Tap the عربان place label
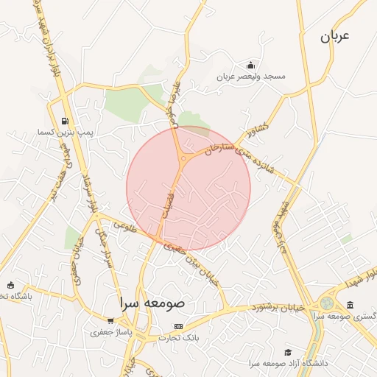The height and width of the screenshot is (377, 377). [x=334, y=35]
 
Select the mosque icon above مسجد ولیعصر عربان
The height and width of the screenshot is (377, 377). [x=251, y=65]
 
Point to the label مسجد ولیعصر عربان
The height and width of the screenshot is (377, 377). [x=251, y=77]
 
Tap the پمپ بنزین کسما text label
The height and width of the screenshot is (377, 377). [x=47, y=133]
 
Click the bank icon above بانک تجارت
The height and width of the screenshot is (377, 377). [x=177, y=326]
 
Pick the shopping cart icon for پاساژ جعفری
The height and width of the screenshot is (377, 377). [x=110, y=321]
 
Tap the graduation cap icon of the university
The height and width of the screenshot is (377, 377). [x=288, y=352]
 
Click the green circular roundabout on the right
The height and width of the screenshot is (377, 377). [x=326, y=303]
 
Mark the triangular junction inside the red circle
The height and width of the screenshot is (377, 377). [x=183, y=158]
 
